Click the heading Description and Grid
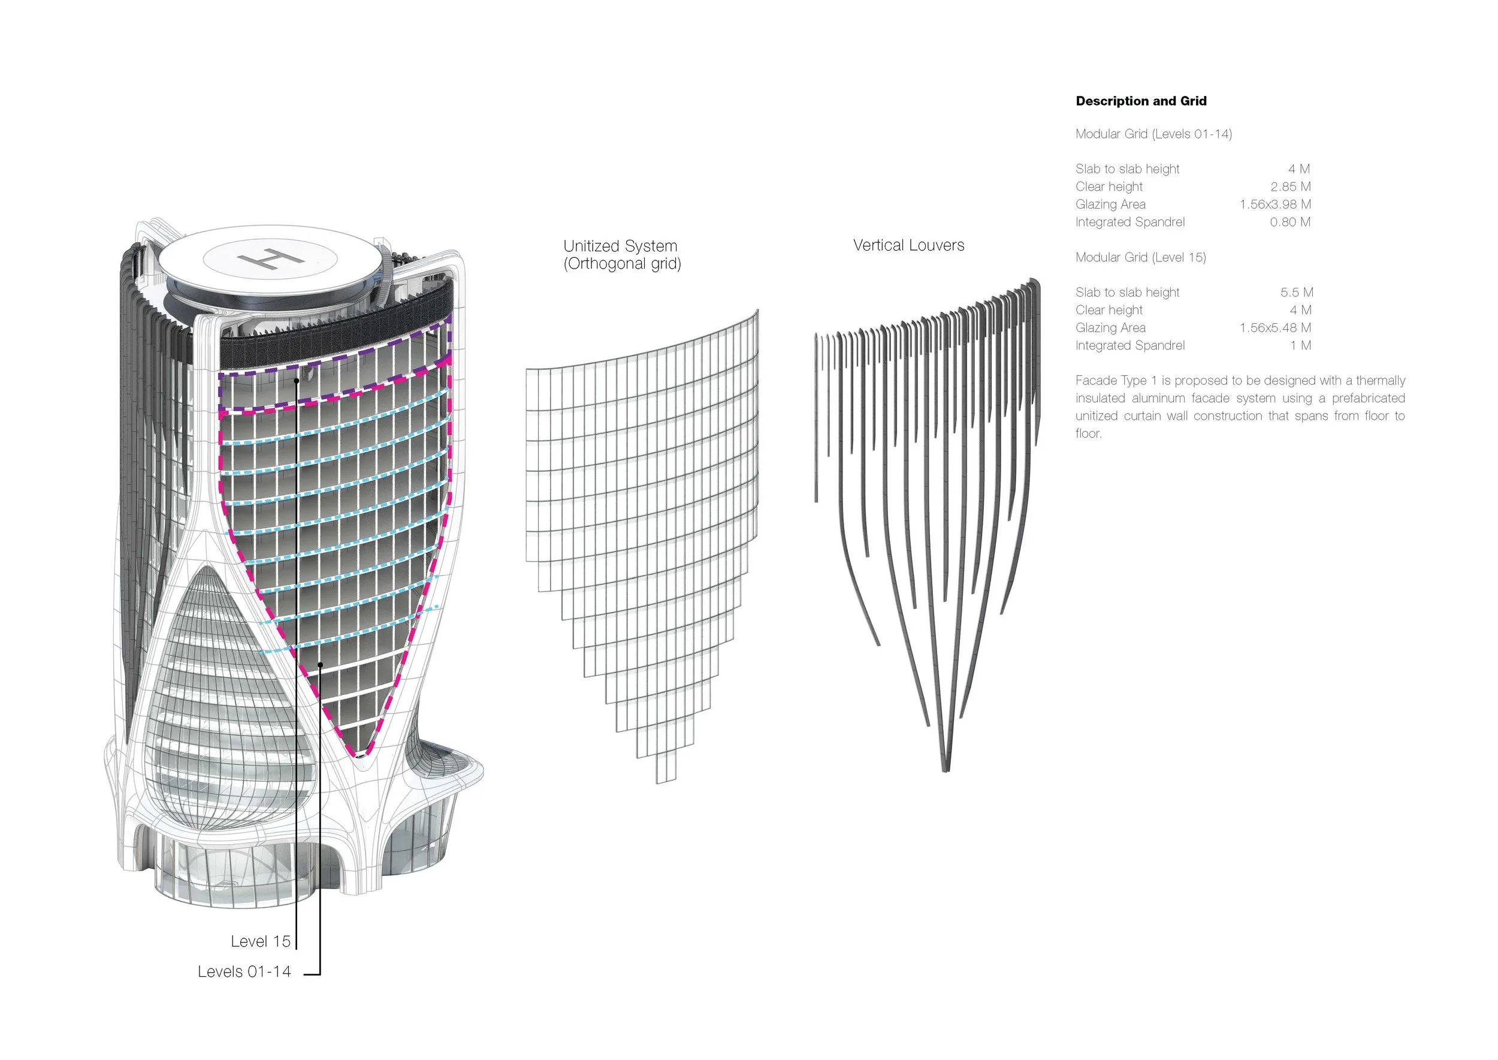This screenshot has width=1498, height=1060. coord(1140,101)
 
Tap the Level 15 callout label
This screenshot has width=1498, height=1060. coord(260,941)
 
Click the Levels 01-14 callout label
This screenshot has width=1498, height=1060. coord(244,971)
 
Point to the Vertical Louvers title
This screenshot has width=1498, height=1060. coord(908,245)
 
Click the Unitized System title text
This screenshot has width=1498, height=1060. coord(620,246)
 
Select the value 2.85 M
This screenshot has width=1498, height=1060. coord(1290,186)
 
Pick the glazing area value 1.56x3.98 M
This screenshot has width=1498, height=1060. coord(1275,204)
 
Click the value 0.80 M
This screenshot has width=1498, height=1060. coord(1290,222)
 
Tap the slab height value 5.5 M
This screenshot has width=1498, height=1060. coord(1297,293)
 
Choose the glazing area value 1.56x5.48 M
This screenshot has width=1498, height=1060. coord(1275,328)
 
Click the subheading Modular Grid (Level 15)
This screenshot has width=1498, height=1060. coord(1140,257)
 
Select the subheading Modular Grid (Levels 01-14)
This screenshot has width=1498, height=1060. coord(1153,134)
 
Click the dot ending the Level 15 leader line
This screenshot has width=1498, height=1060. coord(296,381)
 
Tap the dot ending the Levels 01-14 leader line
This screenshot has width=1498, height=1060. coord(321,664)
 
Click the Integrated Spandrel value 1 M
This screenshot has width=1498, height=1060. coord(1300,345)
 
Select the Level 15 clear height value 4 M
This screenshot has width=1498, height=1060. coord(1300,310)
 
